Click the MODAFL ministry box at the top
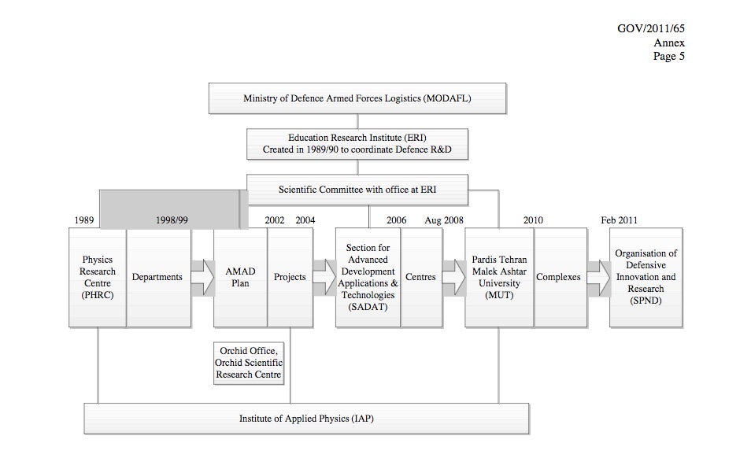click(x=357, y=98)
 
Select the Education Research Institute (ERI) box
click(x=357, y=144)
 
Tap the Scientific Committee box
click(x=357, y=190)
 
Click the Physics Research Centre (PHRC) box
click(x=97, y=277)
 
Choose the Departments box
click(x=158, y=277)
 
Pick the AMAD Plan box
click(x=240, y=277)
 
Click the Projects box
click(x=290, y=277)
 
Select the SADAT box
click(x=368, y=277)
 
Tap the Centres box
click(x=421, y=277)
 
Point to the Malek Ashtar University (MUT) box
click(x=499, y=277)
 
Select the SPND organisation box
click(x=646, y=277)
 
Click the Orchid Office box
click(x=249, y=364)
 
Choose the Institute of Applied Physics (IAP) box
click(x=306, y=419)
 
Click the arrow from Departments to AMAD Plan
click(x=202, y=277)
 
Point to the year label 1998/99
click(x=172, y=220)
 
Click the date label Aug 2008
click(x=444, y=220)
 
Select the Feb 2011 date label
click(x=619, y=220)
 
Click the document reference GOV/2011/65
click(x=651, y=29)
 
